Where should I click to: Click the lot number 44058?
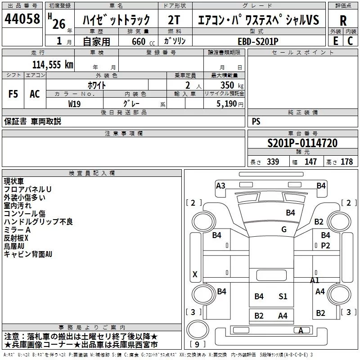coord(22,19)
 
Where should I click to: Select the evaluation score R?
coord(343,21)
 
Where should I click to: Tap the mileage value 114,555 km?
coord(53,65)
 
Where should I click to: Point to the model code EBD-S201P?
coord(258,41)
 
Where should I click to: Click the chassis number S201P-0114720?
coord(302,143)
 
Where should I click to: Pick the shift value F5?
coord(13,94)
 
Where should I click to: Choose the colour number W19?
coord(74,104)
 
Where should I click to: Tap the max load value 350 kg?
coord(232,85)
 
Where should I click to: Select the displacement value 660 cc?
coord(143,41)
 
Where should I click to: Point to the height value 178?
coord(346,162)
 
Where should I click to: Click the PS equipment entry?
coord(256,121)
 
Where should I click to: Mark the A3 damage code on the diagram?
coord(220,185)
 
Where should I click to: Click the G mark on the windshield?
coord(284,229)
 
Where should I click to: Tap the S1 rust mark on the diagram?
coord(283,297)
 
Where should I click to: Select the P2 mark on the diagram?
coord(325,246)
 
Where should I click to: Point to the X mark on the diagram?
coord(195,274)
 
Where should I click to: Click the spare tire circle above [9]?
coord(198,329)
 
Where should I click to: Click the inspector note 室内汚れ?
coord(18,206)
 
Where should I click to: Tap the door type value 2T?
coord(174,20)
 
